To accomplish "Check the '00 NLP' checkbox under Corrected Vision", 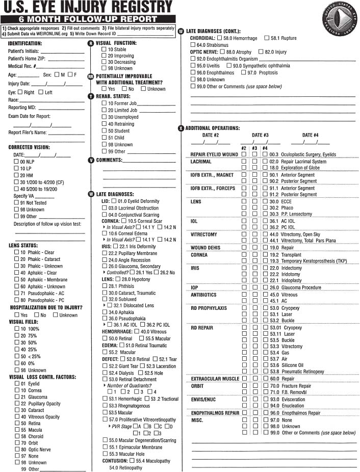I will (x=16, y=162).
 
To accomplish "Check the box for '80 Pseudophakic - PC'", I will (x=16, y=300).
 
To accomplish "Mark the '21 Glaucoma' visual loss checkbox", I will (x=17, y=397).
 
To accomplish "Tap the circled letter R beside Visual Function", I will (x=91, y=43).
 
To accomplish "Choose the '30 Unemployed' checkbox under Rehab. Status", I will (x=104, y=117).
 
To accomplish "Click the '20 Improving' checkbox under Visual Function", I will (x=104, y=56).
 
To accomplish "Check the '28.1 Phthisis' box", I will (x=105, y=286).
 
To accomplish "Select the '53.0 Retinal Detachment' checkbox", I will (x=105, y=379).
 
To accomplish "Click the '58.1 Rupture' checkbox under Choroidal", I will (x=267, y=38).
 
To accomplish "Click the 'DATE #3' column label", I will (x=260, y=135).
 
